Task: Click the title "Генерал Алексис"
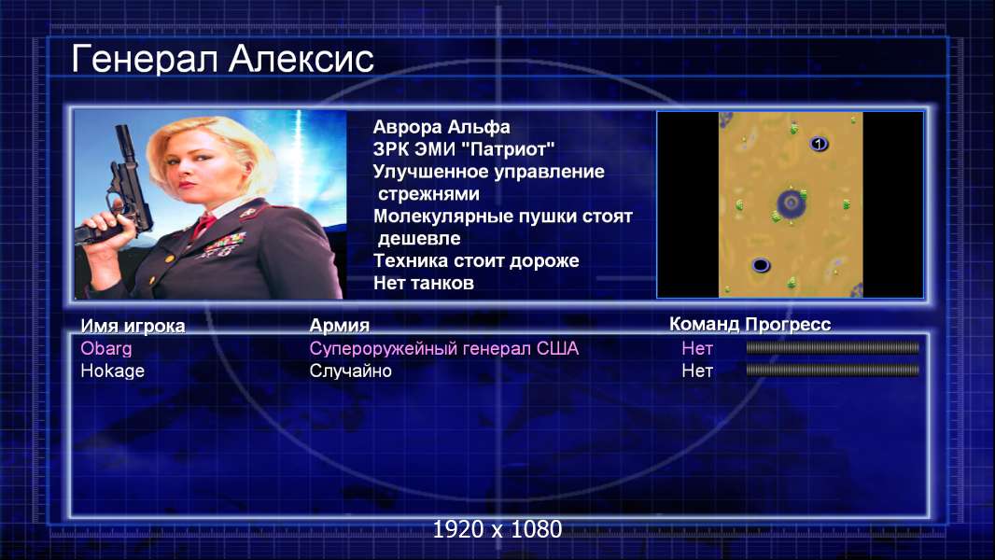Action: click(x=222, y=59)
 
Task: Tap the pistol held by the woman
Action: click(x=118, y=190)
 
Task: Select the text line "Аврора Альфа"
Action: click(x=441, y=127)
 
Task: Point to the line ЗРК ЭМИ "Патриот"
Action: click(x=464, y=149)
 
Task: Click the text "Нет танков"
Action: click(x=423, y=283)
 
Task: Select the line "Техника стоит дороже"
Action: click(x=476, y=260)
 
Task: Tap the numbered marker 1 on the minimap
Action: click(x=819, y=144)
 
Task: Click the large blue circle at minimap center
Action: click(x=792, y=203)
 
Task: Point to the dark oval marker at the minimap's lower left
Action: click(x=760, y=264)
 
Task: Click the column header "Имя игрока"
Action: click(x=133, y=326)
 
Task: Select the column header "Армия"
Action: click(x=339, y=326)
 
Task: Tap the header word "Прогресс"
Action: click(x=788, y=325)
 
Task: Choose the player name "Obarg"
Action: click(x=106, y=349)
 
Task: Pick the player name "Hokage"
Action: click(x=112, y=371)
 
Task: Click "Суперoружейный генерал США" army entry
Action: click(x=443, y=349)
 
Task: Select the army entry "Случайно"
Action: click(x=350, y=371)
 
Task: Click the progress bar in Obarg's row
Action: click(x=833, y=347)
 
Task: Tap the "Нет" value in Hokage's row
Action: click(x=696, y=371)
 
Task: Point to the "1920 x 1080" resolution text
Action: click(x=497, y=529)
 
